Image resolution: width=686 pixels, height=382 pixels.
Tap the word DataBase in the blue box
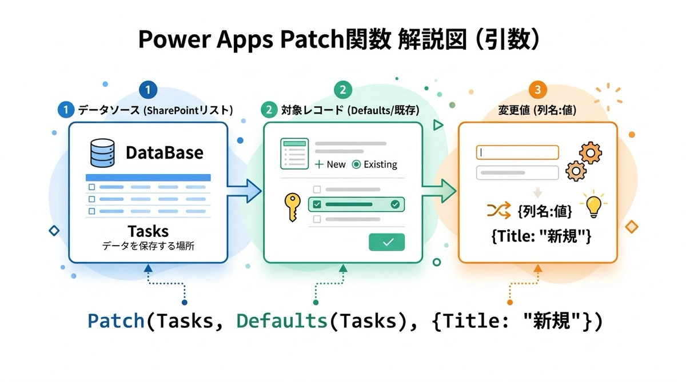(x=164, y=153)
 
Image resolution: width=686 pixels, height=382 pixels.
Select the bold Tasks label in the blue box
(x=148, y=231)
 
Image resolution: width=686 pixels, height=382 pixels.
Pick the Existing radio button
(x=357, y=164)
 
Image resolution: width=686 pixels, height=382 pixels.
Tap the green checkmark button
(x=387, y=242)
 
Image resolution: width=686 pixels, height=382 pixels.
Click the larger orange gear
(x=591, y=152)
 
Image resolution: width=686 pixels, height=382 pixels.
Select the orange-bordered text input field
(x=517, y=152)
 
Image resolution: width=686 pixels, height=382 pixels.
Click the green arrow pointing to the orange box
(x=440, y=191)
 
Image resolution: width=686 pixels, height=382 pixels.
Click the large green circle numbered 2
(x=342, y=90)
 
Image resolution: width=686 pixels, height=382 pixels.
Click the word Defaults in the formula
(x=282, y=321)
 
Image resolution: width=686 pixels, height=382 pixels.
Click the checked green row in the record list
(x=356, y=204)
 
